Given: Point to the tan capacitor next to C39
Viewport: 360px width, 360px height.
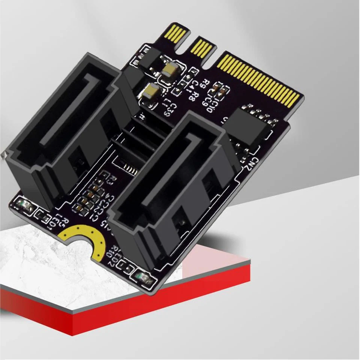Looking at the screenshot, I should pyautogui.click(x=152, y=91).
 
